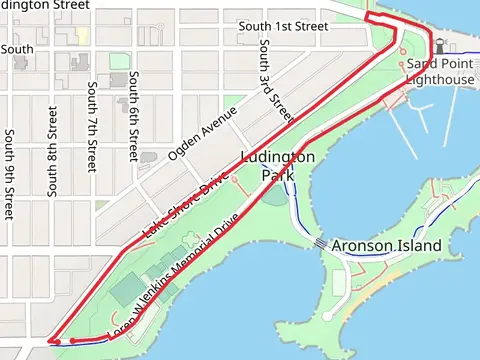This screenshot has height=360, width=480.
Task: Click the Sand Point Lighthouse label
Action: (440, 71)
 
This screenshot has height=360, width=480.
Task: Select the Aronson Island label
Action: (385, 245)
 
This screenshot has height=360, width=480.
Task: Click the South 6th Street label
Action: (134, 115)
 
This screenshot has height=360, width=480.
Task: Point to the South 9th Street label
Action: (9, 174)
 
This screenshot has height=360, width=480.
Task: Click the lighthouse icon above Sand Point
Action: (437, 44)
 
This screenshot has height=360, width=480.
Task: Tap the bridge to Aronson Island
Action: (319, 243)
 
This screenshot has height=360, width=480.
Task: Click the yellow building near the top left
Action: (82, 35)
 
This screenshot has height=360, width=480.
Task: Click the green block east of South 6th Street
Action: (119, 61)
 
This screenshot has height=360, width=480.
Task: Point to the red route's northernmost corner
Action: (367, 17)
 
